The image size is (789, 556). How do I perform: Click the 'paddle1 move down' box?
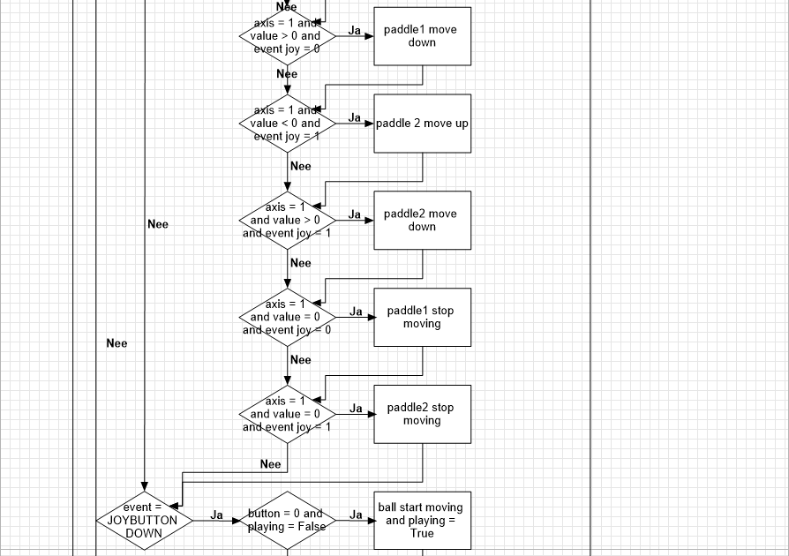point(422,36)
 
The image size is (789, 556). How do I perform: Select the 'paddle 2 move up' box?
point(422,124)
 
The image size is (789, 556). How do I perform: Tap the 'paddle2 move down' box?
point(422,220)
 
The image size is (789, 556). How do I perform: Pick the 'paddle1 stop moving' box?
point(422,317)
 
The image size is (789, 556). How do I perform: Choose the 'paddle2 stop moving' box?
point(422,414)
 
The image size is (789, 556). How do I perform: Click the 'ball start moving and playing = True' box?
point(421,521)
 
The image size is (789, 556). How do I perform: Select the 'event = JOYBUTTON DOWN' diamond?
point(143,521)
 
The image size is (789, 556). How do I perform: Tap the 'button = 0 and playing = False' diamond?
point(287,521)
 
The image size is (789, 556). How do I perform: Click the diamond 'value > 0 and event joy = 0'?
point(287,36)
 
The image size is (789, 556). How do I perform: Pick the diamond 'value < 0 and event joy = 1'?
point(287,124)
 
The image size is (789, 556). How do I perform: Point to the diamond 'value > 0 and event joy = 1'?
point(287,220)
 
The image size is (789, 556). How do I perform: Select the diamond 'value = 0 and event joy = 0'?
point(287,317)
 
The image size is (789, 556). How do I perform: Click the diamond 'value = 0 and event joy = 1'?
point(287,414)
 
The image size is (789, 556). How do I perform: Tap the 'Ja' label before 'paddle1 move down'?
point(355,31)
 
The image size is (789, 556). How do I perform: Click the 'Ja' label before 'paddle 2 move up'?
point(355,117)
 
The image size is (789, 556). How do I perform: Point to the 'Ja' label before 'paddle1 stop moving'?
point(356,312)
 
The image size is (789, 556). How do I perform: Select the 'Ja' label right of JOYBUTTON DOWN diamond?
point(216,515)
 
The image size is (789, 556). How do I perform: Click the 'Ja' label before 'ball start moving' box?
point(356,515)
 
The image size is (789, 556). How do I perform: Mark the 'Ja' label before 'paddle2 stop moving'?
point(356,409)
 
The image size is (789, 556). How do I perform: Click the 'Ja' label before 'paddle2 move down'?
point(355,214)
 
